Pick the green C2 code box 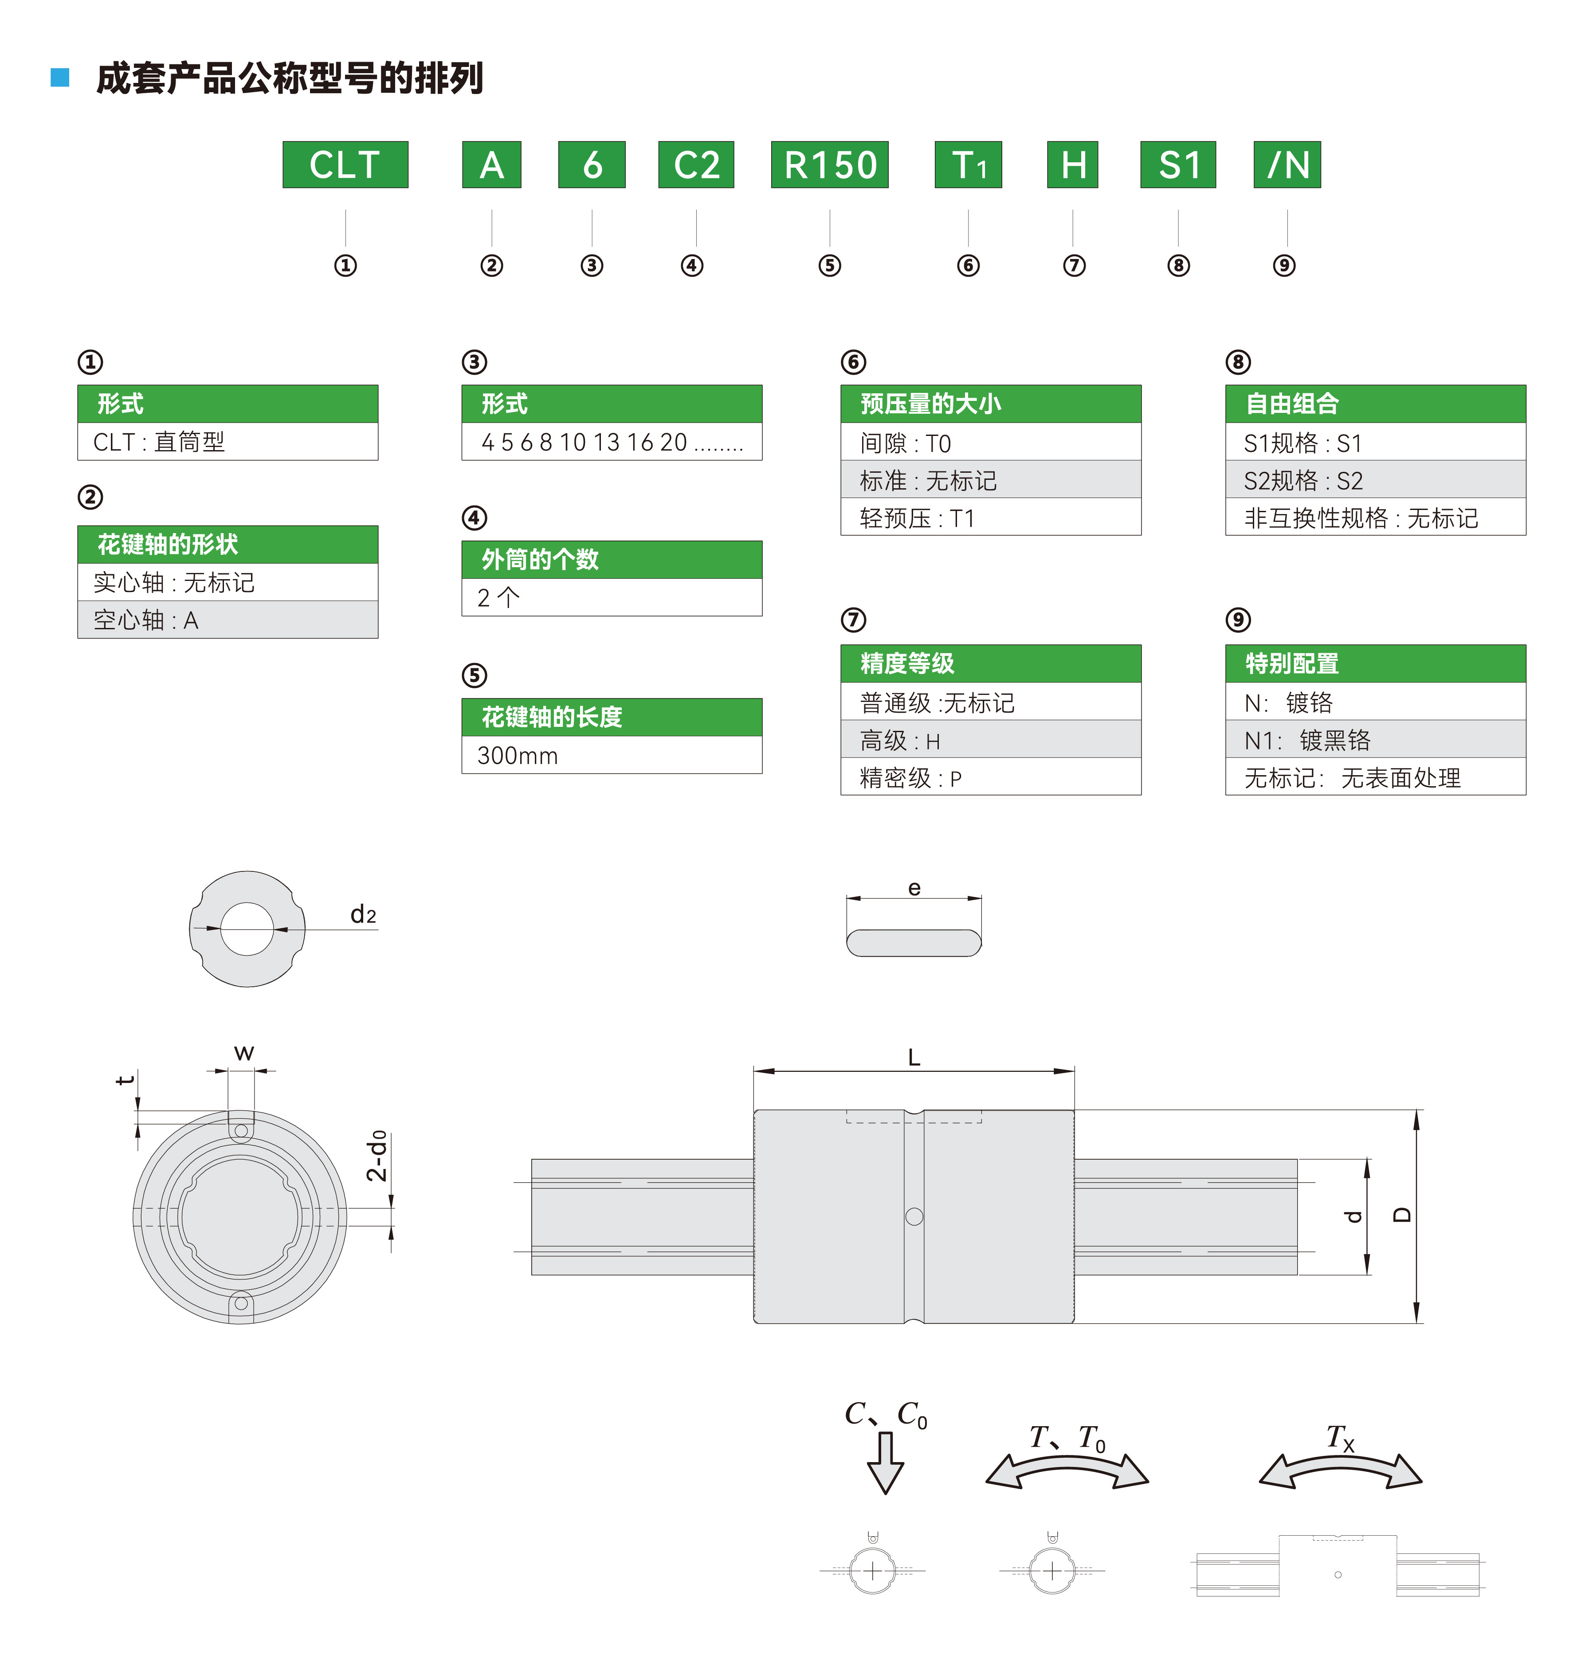696,165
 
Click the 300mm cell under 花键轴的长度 611,756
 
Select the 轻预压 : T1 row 990,518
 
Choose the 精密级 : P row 990,777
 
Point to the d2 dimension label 363,914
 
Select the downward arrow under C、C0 885,1463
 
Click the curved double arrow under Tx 1340,1471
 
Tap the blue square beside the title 60,77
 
